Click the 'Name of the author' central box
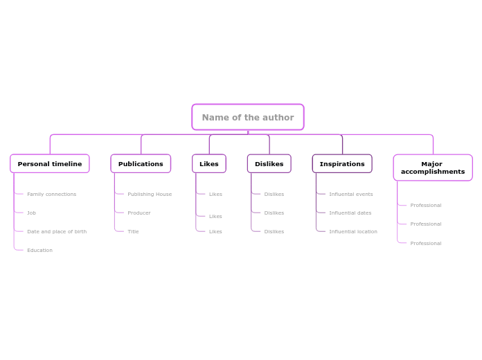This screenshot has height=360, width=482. [x=247, y=117]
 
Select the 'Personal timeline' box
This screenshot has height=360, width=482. [x=50, y=164]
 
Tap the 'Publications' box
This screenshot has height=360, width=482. [x=141, y=164]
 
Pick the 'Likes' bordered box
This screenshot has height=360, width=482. [x=209, y=164]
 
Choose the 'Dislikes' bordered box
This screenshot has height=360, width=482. [x=269, y=164]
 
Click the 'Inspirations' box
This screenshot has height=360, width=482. [x=342, y=164]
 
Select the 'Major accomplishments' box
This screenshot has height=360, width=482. [x=433, y=168]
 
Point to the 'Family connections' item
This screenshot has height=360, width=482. [x=51, y=195]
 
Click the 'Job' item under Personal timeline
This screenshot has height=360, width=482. [x=31, y=213]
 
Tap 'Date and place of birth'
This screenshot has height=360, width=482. [x=57, y=232]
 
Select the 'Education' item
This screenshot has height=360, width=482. [x=39, y=251]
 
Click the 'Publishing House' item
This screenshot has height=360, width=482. [x=150, y=195]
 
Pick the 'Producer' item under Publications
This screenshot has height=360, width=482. [x=139, y=213]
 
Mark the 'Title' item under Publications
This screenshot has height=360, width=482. [x=133, y=232]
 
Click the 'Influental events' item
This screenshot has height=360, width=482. [x=350, y=195]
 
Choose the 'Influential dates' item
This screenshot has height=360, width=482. [x=350, y=213]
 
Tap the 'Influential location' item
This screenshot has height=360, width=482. [x=353, y=232]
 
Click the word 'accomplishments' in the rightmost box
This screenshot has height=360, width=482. [x=433, y=172]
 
